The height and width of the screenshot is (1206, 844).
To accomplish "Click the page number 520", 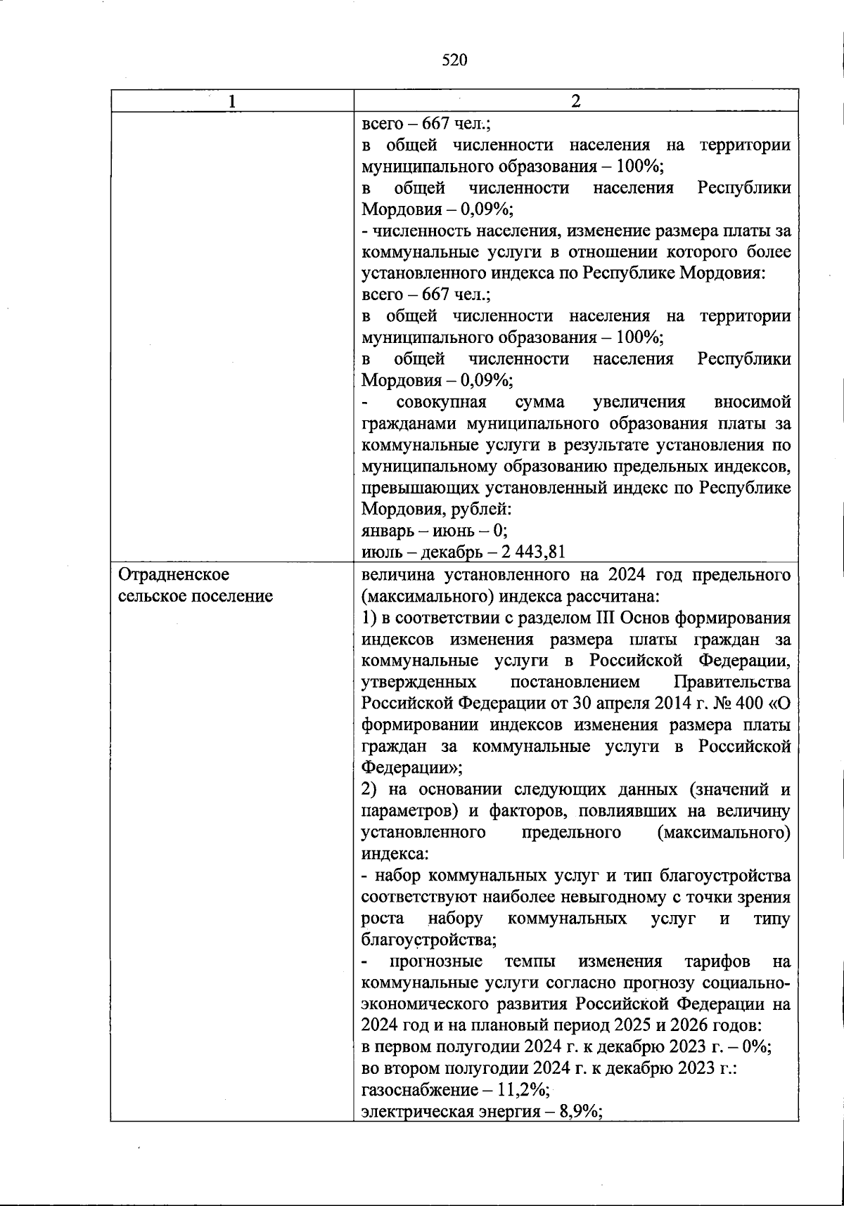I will point(454,60).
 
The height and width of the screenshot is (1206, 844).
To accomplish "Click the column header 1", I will point(232,101).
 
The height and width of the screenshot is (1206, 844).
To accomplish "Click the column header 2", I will point(575,101).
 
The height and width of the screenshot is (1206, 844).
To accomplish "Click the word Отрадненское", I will point(174,574).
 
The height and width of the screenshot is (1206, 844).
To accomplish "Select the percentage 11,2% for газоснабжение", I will point(525,1090).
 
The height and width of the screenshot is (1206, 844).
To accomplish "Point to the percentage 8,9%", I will point(581,1112).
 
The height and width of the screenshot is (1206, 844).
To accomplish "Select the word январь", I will point(384,530).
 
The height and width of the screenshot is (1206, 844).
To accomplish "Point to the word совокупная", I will point(441,402).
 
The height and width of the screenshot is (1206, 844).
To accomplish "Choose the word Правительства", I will point(731,682).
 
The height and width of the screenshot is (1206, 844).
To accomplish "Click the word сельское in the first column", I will point(148,596).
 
